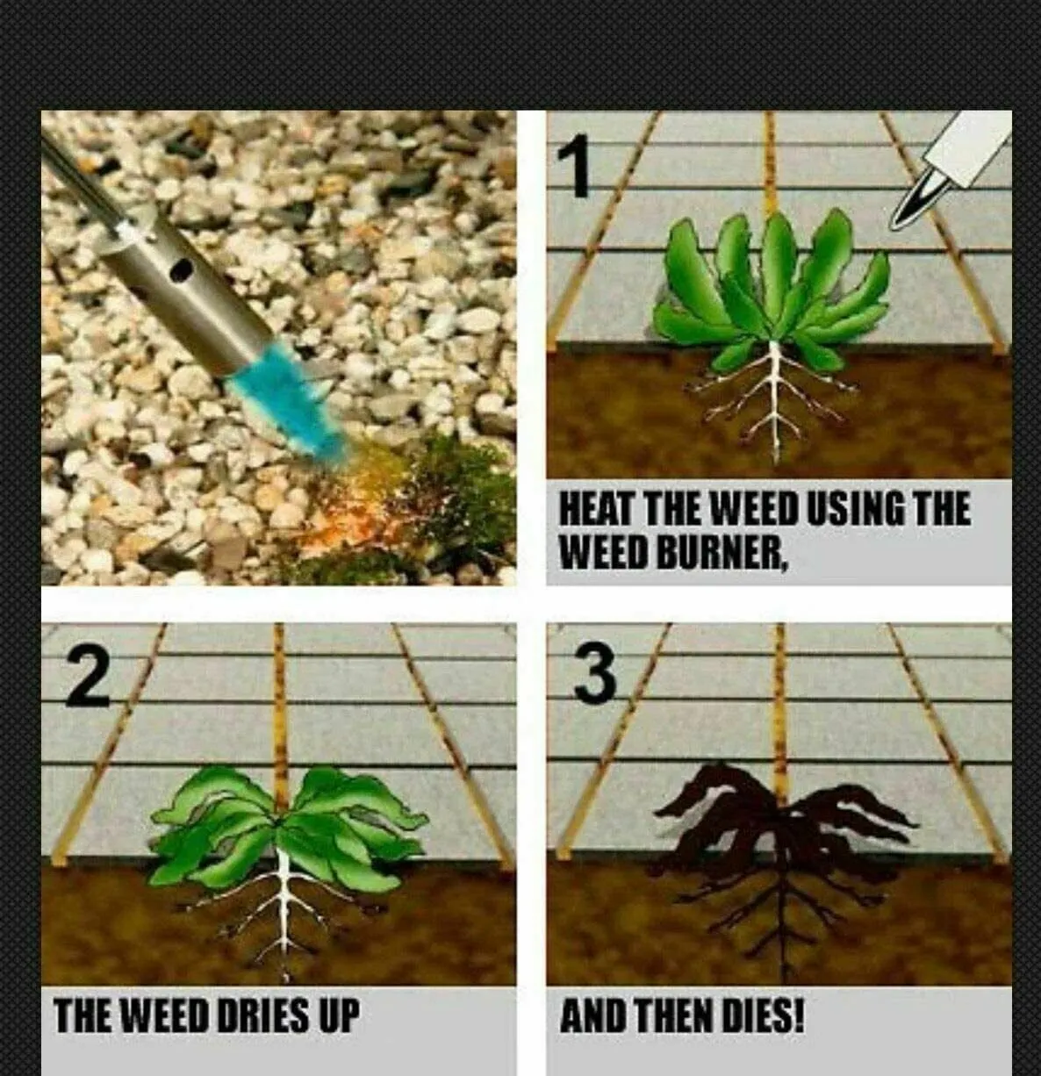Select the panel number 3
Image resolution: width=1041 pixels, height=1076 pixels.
pos(594,675)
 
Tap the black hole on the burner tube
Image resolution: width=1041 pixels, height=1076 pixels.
pos(181,269)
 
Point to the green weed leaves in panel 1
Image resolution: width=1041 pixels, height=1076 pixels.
pos(772,291)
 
